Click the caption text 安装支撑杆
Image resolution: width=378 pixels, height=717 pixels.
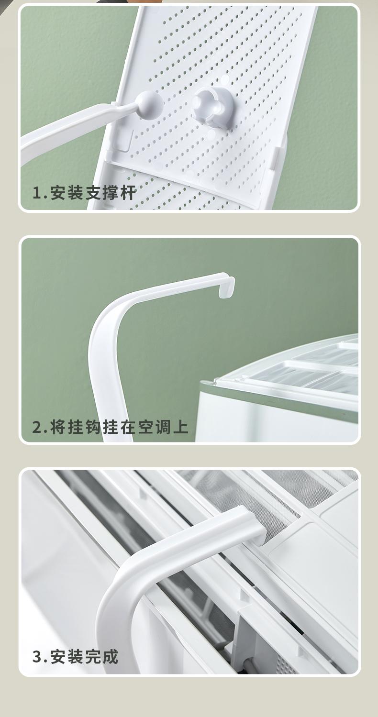tap(93, 193)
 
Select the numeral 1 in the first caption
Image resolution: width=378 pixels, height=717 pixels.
tap(37, 193)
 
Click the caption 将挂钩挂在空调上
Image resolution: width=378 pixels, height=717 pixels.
tap(119, 427)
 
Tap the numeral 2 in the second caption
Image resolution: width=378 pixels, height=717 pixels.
tap(37, 427)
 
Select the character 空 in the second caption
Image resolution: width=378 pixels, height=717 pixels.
tap(146, 427)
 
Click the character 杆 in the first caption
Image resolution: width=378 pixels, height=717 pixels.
tap(129, 193)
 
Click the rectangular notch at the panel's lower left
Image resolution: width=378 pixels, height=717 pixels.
tap(124, 141)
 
